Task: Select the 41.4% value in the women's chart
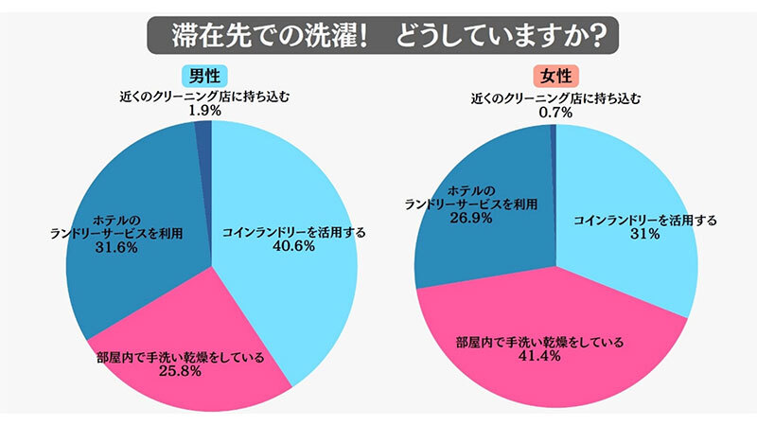click(541, 357)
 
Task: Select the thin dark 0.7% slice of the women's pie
click(553, 137)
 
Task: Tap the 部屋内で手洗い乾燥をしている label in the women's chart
click(541, 342)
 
